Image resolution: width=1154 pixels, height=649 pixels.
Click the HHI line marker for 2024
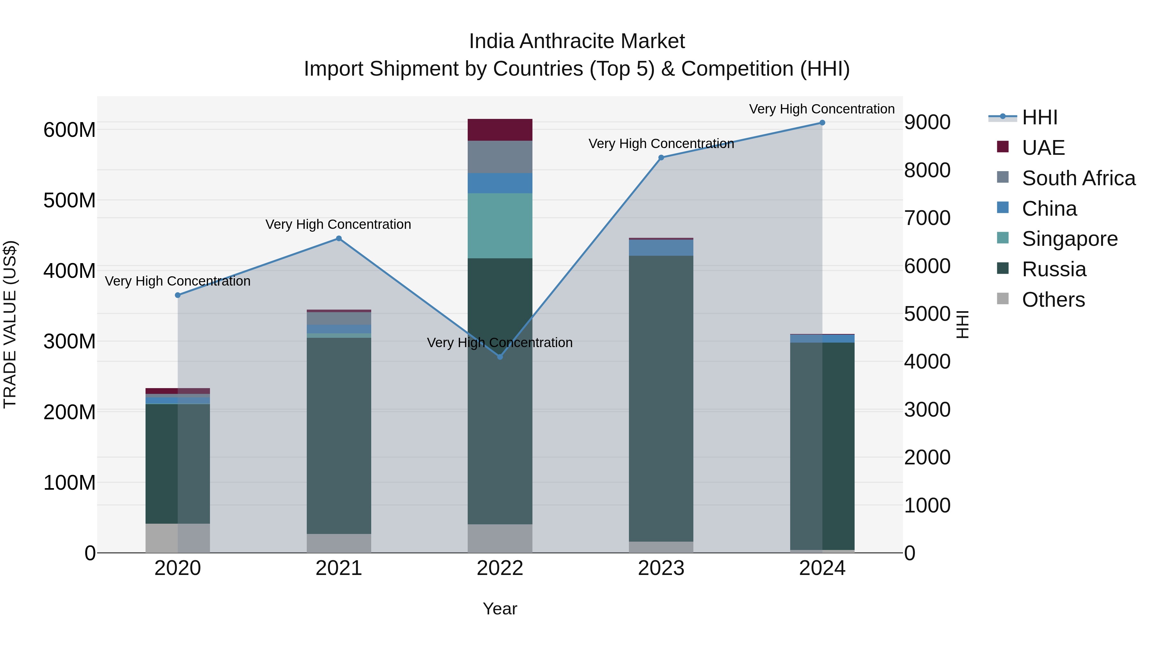coord(822,123)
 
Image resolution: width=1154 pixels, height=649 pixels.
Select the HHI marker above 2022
coord(500,356)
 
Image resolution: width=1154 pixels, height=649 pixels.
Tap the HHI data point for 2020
coord(178,295)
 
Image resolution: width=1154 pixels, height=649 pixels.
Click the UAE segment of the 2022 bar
coord(500,130)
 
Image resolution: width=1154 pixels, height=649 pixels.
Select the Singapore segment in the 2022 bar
coord(500,226)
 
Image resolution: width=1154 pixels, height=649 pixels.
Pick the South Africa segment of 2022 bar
coord(500,157)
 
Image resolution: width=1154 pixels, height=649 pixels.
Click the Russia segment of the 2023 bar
coord(661,399)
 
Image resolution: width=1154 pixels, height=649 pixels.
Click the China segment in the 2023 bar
coord(661,248)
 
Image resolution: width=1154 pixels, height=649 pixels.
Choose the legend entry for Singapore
coord(1069,239)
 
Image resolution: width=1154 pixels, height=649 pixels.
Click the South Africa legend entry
coord(1078,178)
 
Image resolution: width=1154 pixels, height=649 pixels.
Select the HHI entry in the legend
coord(1039,117)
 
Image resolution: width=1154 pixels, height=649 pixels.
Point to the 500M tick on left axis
coord(70,200)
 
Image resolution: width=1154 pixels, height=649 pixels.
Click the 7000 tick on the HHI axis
coord(927,218)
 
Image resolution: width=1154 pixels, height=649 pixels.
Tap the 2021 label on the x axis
coord(339,568)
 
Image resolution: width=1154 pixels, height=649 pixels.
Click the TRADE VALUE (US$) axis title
coord(10,324)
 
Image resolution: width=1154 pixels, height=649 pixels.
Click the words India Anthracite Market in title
coord(577,42)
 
